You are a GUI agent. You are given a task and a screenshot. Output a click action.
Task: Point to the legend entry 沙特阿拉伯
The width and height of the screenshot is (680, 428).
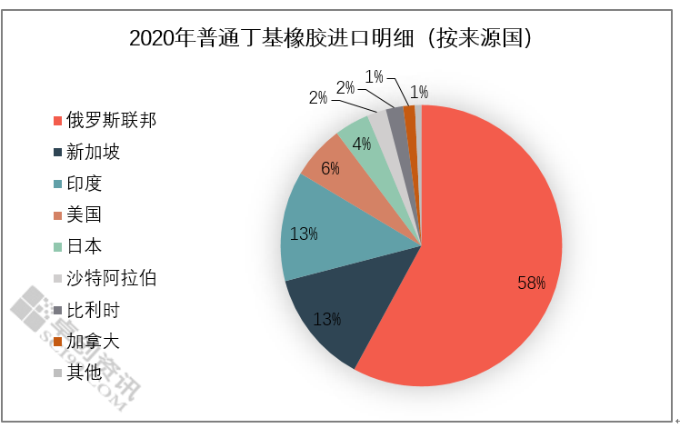click(x=111, y=278)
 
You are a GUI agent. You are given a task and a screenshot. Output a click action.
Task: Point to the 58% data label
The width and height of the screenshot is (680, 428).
click(x=531, y=284)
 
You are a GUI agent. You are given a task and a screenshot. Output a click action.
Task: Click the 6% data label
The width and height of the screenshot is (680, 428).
click(x=330, y=168)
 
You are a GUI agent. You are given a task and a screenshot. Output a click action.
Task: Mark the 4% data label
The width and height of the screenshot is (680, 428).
click(x=361, y=144)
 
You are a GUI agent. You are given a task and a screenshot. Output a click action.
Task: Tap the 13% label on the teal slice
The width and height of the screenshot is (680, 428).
click(x=303, y=234)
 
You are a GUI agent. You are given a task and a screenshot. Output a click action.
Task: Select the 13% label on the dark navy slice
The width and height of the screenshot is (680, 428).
click(x=327, y=319)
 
